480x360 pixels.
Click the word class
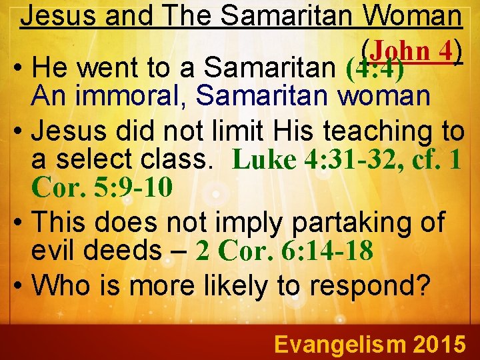pyautogui.click(x=188, y=160)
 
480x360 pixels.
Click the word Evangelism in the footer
pyautogui.click(x=339, y=344)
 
